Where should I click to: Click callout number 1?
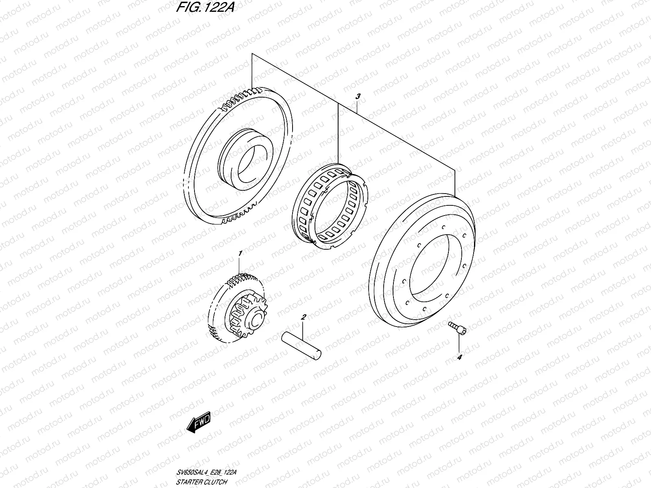tap(240, 253)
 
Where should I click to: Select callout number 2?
tap(303, 316)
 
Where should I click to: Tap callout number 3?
tap(358, 96)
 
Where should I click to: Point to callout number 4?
tap(459, 357)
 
